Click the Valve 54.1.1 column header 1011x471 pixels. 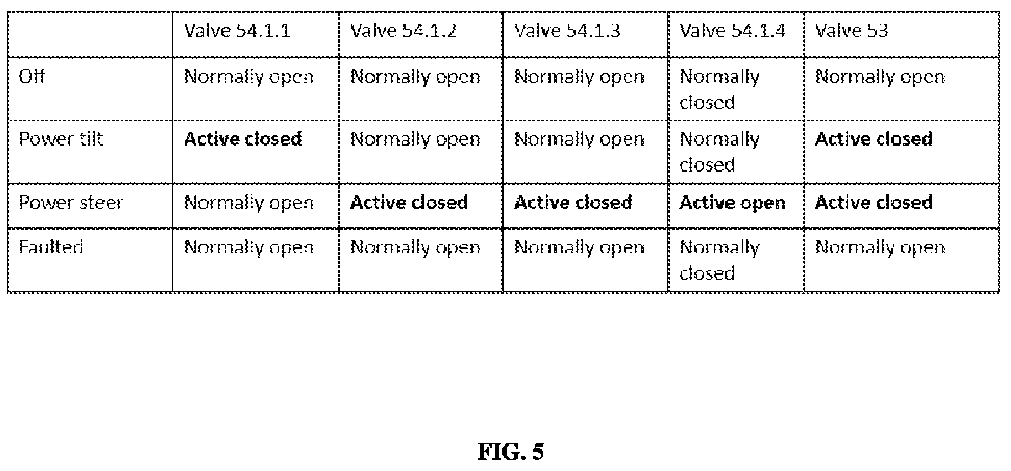coord(237,30)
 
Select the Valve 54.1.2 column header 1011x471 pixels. coord(403,30)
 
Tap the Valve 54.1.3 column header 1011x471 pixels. coord(567,30)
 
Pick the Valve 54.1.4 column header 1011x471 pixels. coord(732,30)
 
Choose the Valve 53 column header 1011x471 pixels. coord(852,30)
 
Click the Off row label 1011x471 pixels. coord(32,76)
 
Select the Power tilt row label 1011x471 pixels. coord(61,139)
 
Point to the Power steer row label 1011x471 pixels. coord(71,203)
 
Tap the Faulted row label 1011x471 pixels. coord(51,247)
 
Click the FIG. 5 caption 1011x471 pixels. coord(511,452)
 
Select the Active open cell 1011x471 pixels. coord(732,203)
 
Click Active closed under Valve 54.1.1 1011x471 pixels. coord(243,139)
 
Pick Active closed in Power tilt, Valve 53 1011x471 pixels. coord(874,139)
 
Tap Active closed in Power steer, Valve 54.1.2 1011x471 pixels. coord(409,203)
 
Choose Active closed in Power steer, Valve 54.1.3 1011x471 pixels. coord(573,203)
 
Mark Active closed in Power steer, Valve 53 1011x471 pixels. coord(874,203)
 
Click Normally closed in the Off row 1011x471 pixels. coord(719,90)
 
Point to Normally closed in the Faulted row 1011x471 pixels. coord(719,260)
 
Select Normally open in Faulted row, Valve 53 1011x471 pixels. coord(880,247)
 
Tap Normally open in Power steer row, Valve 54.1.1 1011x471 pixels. coord(249,203)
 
